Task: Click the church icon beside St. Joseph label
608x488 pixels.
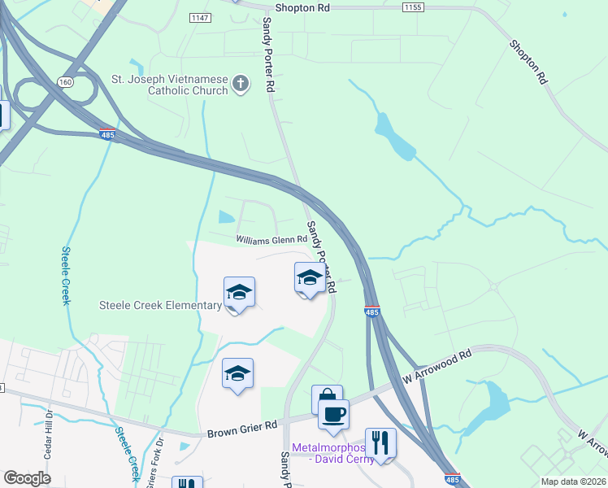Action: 241,83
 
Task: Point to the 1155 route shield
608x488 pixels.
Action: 413,7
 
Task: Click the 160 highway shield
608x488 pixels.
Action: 64,81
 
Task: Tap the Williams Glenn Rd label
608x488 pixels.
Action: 271,239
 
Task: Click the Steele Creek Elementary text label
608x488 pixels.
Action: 160,305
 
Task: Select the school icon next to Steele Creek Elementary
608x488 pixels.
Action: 239,292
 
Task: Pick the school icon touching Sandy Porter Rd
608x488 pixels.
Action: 309,279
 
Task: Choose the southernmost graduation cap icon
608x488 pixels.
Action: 237,373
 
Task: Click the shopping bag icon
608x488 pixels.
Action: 326,399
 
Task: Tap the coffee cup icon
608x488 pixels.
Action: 333,414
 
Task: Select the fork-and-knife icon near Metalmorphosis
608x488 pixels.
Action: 380,442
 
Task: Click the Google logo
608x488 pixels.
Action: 27,478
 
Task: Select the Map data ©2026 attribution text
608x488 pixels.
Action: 572,481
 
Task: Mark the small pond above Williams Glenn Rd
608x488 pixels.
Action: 225,217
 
